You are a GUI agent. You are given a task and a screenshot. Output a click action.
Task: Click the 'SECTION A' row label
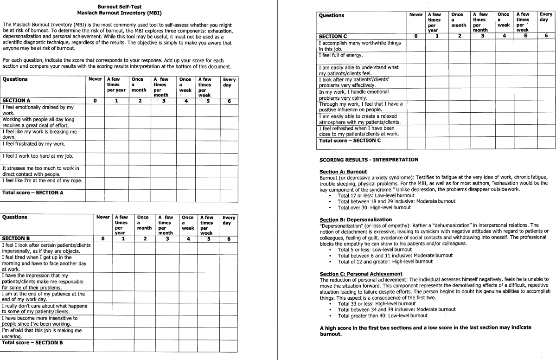point(17,100)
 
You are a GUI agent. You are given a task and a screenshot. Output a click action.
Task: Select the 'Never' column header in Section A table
point(95,79)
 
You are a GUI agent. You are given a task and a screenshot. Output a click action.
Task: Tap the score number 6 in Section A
point(229,101)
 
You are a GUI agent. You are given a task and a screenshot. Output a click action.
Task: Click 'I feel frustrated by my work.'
point(34,144)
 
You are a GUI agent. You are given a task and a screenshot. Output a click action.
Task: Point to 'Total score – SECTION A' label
point(33,193)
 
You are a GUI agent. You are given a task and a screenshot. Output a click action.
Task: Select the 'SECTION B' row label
point(17,239)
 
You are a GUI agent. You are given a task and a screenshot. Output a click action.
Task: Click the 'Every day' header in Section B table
point(229,220)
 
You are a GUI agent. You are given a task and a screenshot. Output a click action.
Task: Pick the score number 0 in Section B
point(103,239)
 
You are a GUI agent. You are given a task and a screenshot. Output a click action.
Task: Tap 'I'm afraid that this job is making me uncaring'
point(42,334)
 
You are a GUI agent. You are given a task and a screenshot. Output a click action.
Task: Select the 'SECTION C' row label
point(333,36)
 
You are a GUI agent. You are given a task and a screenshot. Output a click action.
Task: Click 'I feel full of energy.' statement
point(341,56)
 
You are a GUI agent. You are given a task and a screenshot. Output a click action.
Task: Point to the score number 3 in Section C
point(482,36)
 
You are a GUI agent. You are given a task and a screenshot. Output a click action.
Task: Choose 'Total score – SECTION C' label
point(350,141)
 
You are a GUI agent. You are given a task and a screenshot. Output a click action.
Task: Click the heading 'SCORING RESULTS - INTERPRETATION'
point(369,160)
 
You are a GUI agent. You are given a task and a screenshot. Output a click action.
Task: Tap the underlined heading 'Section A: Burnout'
point(343,172)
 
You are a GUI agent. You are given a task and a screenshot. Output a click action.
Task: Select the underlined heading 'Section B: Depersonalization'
point(356,219)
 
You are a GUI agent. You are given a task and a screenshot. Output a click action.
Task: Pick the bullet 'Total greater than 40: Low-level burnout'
point(383,315)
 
